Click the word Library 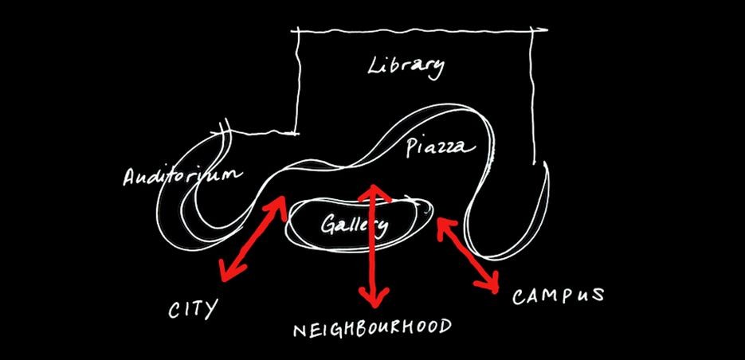click(x=406, y=68)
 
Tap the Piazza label click(x=441, y=147)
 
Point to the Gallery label click(x=354, y=225)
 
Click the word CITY click(x=193, y=309)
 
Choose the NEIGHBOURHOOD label click(x=372, y=328)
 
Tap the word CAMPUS click(x=558, y=295)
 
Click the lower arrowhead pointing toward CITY click(x=231, y=272)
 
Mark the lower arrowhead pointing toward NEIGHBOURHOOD click(x=374, y=297)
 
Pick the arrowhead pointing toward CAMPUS click(x=488, y=283)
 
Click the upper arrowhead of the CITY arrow click(x=277, y=205)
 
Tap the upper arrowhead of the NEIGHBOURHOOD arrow click(x=374, y=194)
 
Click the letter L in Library click(x=374, y=66)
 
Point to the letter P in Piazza click(x=412, y=147)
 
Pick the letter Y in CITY click(x=210, y=310)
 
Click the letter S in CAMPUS click(x=598, y=295)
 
